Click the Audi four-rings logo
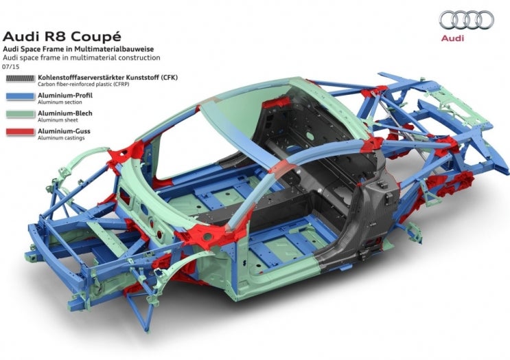point(467,20)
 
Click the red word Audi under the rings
point(452,38)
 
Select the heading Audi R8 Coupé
point(62,36)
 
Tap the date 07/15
point(11,67)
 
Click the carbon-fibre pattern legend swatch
point(20,78)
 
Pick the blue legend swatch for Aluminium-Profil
point(20,96)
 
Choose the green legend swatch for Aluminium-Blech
point(20,114)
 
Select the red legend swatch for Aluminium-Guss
point(20,132)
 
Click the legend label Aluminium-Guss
point(64,131)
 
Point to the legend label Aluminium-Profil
point(65,95)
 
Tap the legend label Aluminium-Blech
point(65,113)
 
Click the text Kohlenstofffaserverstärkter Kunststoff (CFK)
point(108,78)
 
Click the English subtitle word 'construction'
point(139,58)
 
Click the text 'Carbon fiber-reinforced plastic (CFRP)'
point(84,84)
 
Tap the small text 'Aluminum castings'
point(61,138)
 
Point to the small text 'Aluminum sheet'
point(58,120)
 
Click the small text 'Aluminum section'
point(60,102)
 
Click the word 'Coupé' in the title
point(96,36)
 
